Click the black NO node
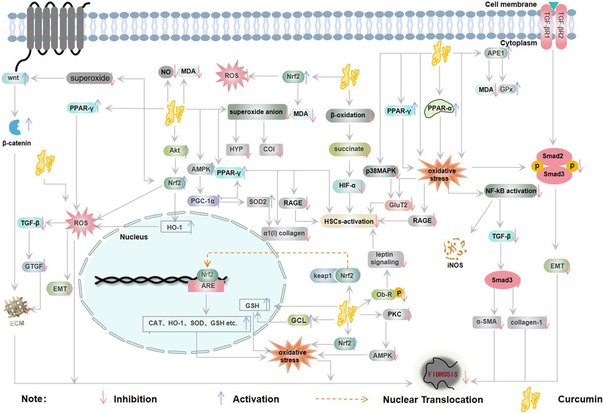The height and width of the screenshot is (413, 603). (166, 71)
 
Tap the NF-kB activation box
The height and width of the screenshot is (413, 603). (510, 190)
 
